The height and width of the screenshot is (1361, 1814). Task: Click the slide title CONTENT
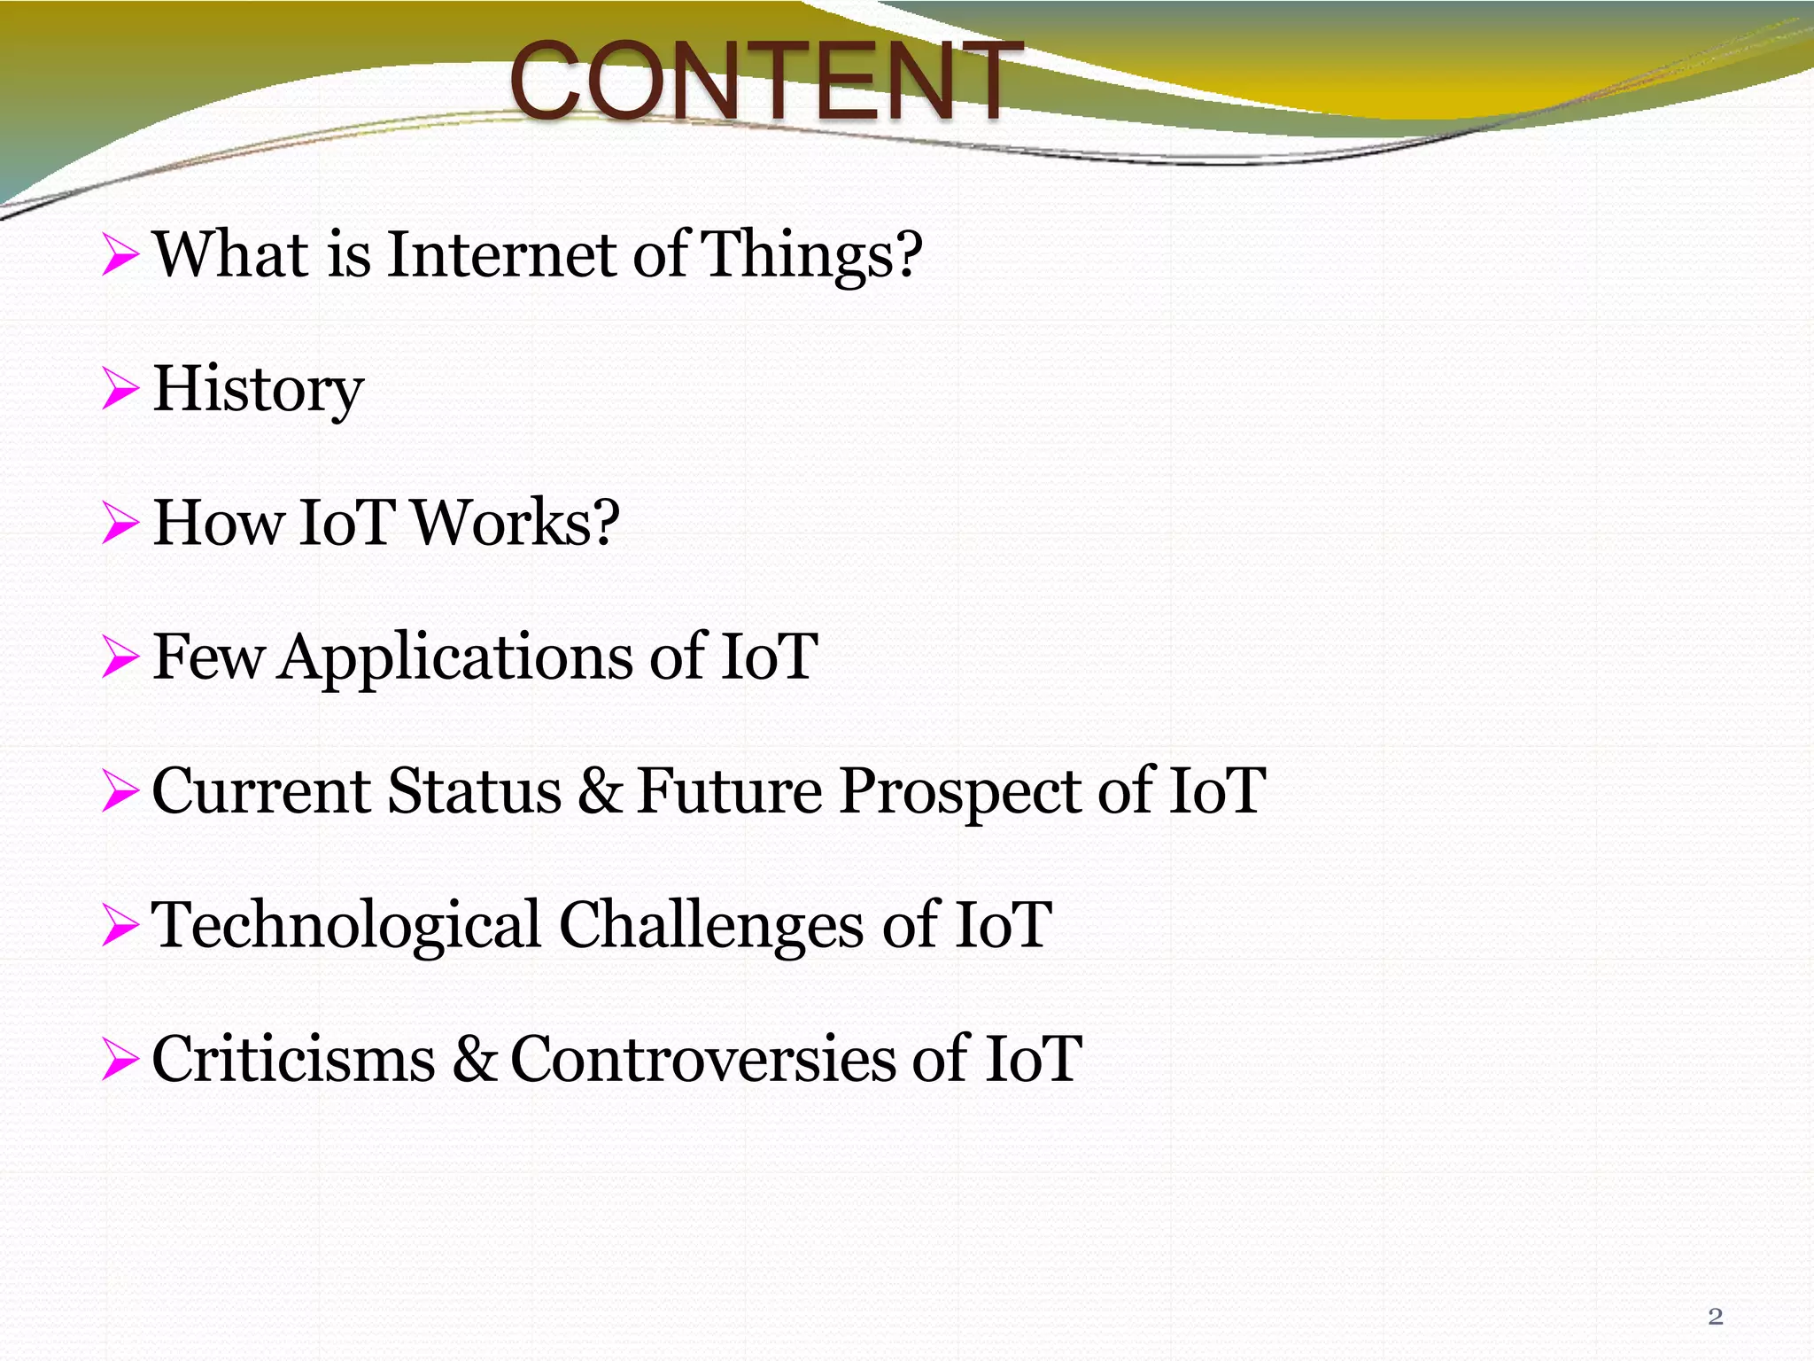coord(765,82)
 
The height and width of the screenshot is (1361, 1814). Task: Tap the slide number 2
coord(1715,1317)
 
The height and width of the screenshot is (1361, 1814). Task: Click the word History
coord(258,390)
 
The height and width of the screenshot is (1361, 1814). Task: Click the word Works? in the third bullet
coord(516,523)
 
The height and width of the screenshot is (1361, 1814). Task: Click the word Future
coord(729,791)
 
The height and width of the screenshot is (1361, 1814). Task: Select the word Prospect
coord(960,793)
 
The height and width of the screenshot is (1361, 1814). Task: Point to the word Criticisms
coord(293,1060)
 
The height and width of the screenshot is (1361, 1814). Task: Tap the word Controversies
coord(702,1060)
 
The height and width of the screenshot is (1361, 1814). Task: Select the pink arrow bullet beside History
coord(120,390)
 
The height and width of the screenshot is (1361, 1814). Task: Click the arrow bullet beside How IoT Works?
coord(120,523)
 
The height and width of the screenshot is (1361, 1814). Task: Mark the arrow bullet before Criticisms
coord(120,1060)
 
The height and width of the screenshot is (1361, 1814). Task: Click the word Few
coord(207,657)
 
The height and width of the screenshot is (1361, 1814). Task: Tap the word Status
coord(475,791)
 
